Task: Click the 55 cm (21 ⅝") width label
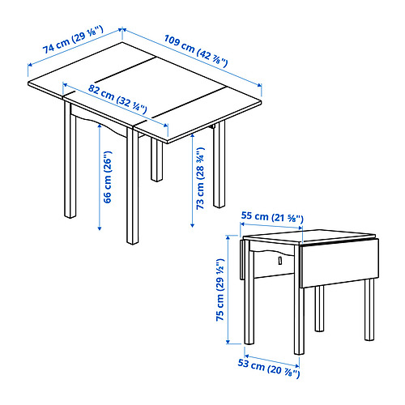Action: pos(271,217)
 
